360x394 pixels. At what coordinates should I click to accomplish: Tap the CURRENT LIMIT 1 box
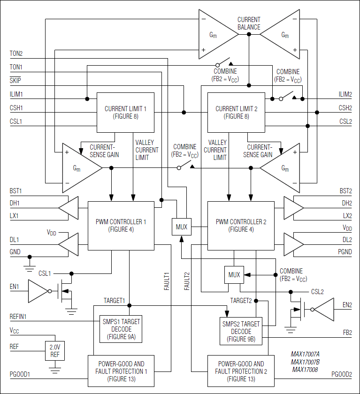[x=125, y=113]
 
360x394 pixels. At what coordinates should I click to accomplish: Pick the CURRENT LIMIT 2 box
[x=236, y=113]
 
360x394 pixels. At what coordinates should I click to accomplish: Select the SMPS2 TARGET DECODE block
[x=241, y=331]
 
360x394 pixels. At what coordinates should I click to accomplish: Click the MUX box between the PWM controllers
[x=181, y=227]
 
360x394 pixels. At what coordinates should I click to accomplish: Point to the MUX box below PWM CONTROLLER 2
[x=234, y=274]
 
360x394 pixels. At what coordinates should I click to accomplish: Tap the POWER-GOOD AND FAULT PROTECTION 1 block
[x=121, y=371]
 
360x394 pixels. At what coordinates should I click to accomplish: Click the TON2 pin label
[x=16, y=53]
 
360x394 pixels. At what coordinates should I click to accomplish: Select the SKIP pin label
[x=15, y=81]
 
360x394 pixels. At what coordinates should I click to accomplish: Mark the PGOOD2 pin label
[x=341, y=374]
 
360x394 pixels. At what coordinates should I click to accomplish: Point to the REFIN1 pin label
[x=18, y=317]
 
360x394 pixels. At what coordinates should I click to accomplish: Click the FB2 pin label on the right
[x=347, y=332]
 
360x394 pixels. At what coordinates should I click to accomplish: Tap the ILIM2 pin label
[x=345, y=94]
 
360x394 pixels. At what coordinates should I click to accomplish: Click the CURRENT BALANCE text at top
[x=249, y=23]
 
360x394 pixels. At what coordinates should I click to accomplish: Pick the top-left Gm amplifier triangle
[x=217, y=34]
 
